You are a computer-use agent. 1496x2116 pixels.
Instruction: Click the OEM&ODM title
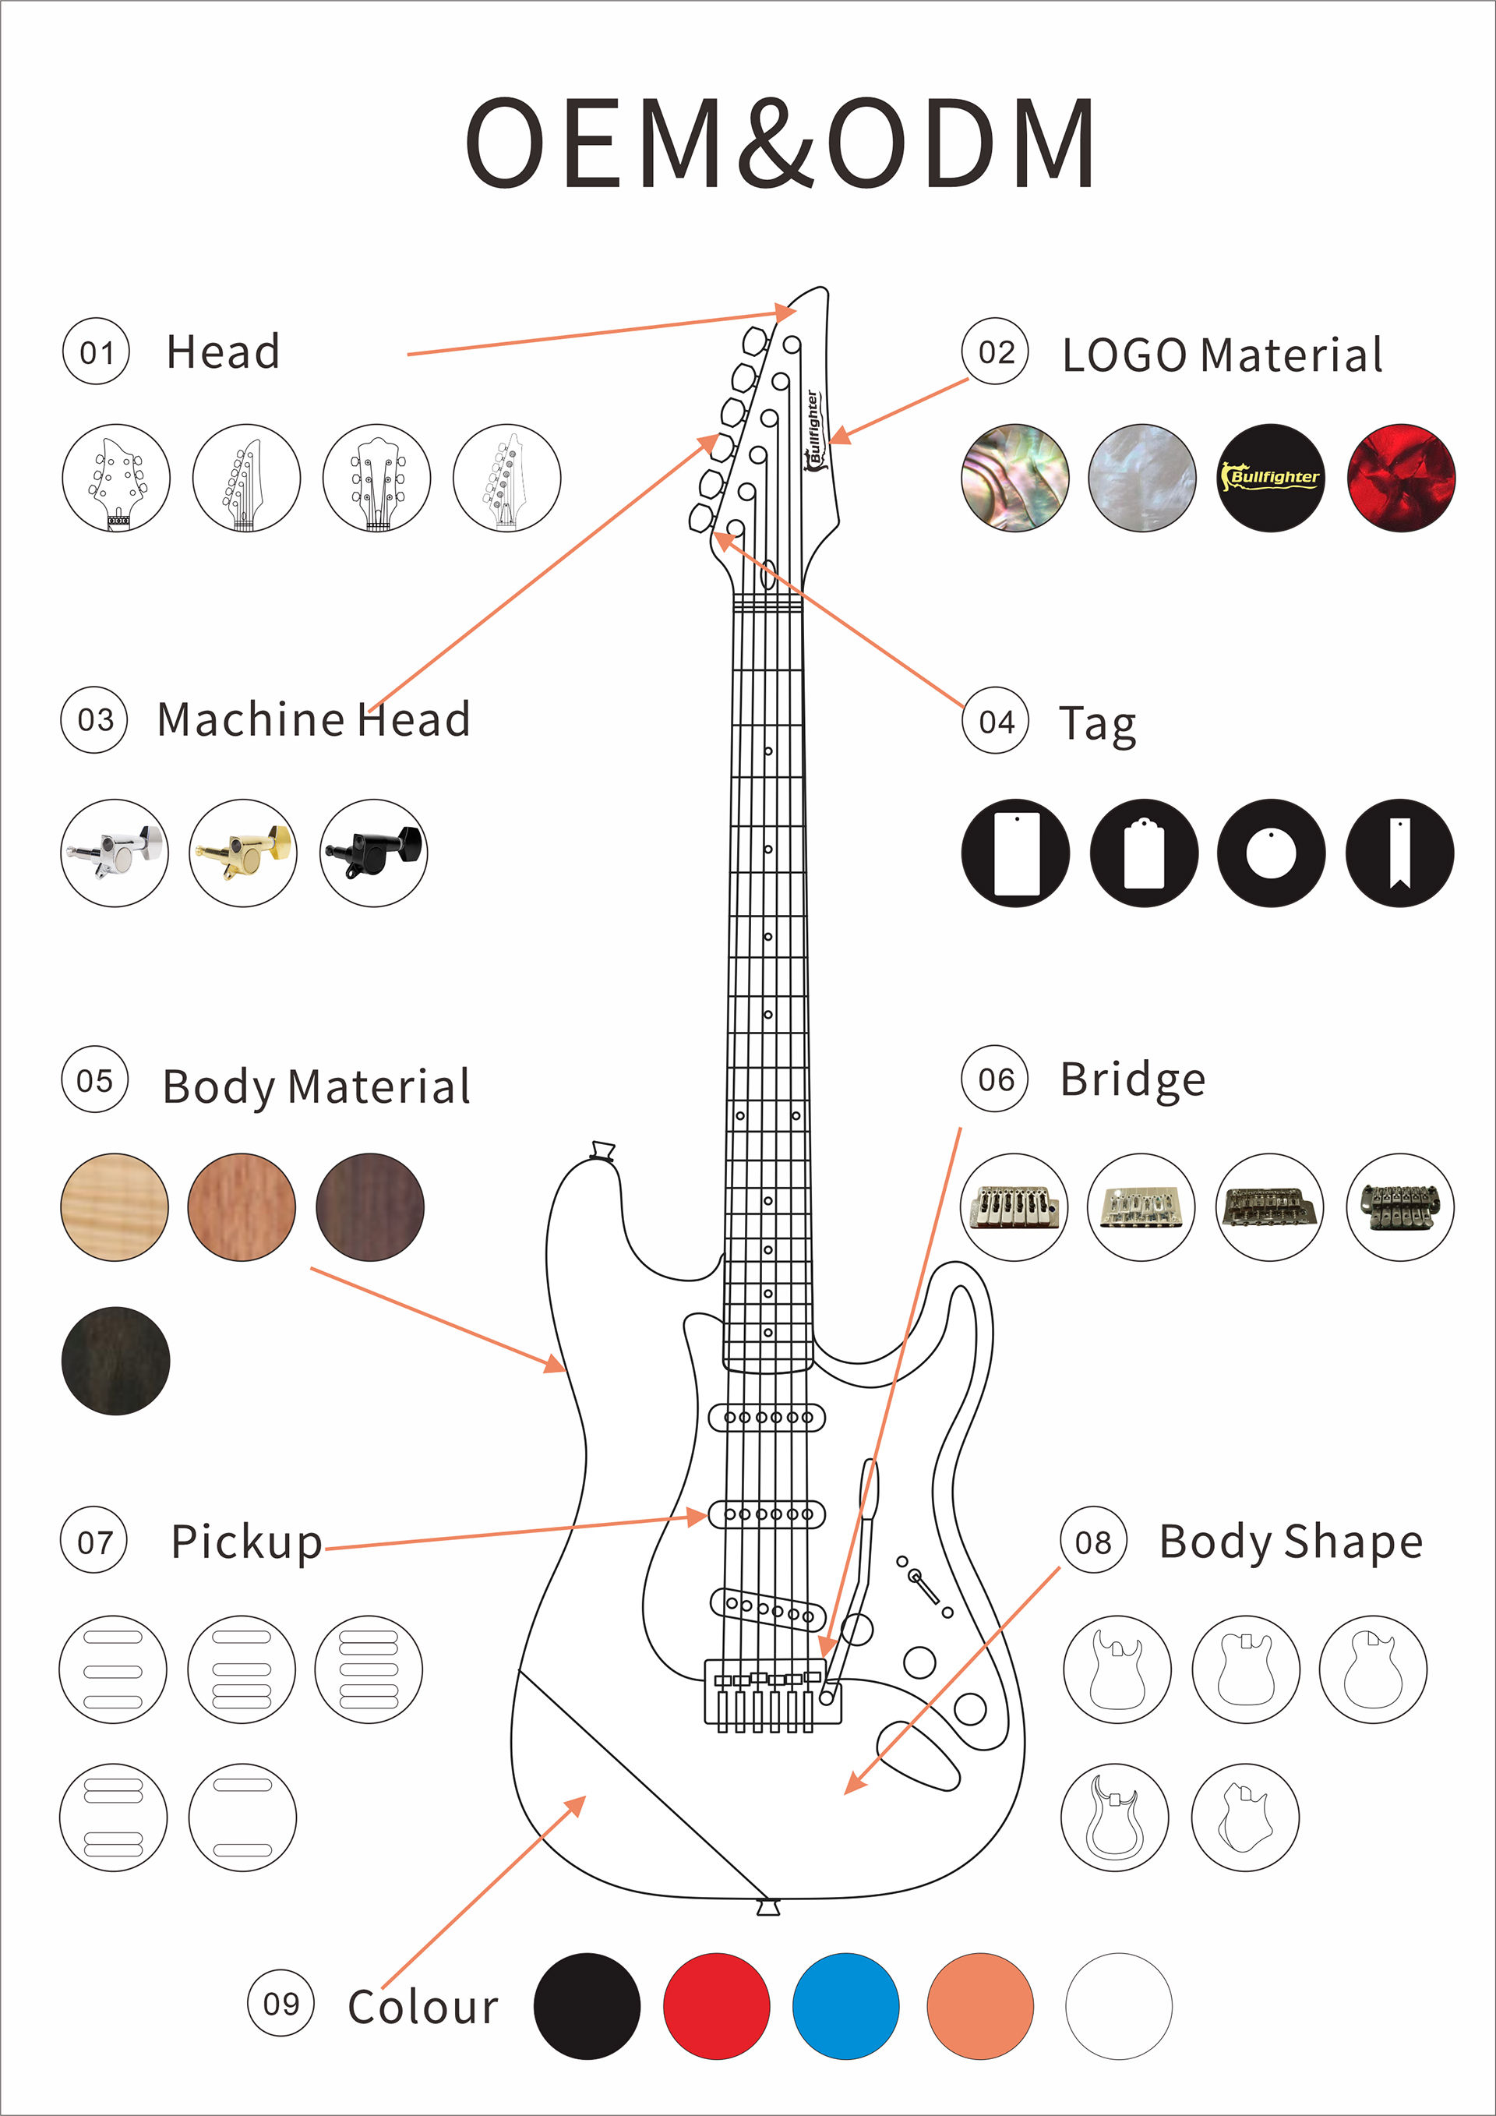pos(779,143)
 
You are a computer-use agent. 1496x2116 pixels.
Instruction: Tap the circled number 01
pos(96,351)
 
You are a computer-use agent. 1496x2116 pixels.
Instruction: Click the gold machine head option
pos(243,853)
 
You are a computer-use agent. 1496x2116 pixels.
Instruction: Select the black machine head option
pos(374,853)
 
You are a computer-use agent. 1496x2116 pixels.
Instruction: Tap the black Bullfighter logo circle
pos(1272,478)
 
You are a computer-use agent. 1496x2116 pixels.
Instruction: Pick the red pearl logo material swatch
pos(1401,478)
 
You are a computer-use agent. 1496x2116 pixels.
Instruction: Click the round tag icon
pos(1272,853)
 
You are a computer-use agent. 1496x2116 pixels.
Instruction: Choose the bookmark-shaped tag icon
pos(1399,853)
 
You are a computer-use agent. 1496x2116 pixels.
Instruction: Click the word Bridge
pos(1132,1079)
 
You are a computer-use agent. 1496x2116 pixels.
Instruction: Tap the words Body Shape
pos(1290,1542)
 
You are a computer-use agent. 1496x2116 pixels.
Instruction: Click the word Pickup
pos(247,1542)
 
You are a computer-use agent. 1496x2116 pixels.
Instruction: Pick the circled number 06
pos(996,1079)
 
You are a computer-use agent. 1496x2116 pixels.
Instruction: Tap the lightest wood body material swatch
pos(115,1206)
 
